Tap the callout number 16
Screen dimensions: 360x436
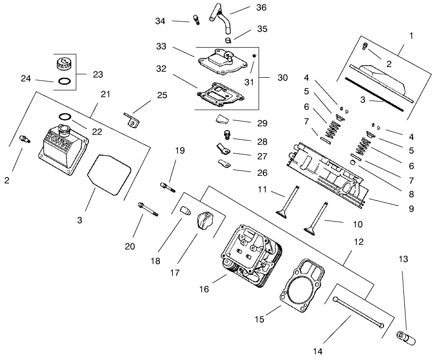(204, 289)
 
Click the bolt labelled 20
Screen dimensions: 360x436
(148, 208)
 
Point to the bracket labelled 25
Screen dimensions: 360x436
(131, 120)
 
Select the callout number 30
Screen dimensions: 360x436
(282, 78)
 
